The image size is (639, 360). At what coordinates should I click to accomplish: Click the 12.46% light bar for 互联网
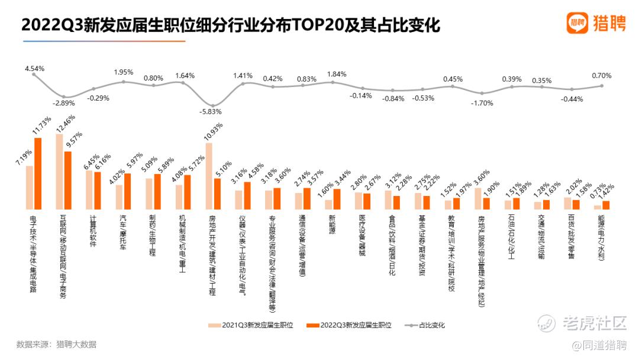coord(59,172)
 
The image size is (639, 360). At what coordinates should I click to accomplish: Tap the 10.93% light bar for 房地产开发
coord(209,176)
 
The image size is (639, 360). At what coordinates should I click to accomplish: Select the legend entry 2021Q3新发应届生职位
coord(251,325)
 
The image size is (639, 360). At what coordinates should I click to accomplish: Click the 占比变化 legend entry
coord(425,325)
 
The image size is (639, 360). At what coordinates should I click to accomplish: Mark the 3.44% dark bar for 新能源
coord(337,199)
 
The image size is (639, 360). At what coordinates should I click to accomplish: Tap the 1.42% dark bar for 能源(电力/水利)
coord(606,205)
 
